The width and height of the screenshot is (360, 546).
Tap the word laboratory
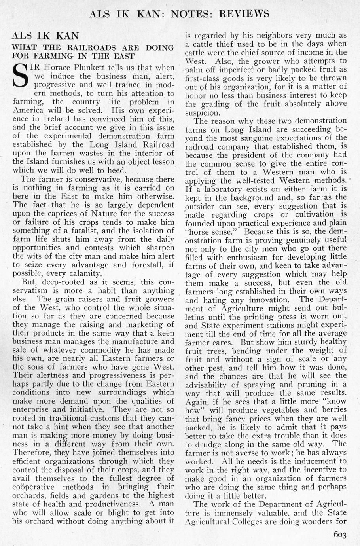click(x=225, y=189)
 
